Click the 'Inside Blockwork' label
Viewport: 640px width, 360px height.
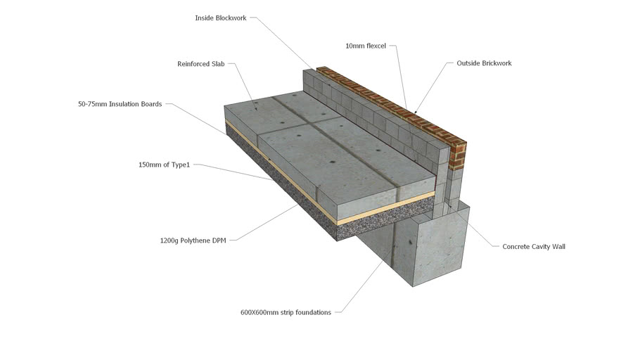(x=220, y=18)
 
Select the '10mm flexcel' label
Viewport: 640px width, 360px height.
(x=366, y=46)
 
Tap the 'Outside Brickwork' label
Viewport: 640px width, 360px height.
(x=484, y=63)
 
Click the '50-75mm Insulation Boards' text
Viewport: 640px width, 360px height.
(x=120, y=104)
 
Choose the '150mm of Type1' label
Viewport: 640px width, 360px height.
(x=164, y=165)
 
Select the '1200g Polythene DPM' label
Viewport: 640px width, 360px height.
(x=193, y=240)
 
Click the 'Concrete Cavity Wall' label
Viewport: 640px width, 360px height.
(x=533, y=247)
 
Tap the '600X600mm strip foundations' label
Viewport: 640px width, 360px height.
(x=286, y=312)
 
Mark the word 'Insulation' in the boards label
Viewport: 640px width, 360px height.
(x=127, y=104)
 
